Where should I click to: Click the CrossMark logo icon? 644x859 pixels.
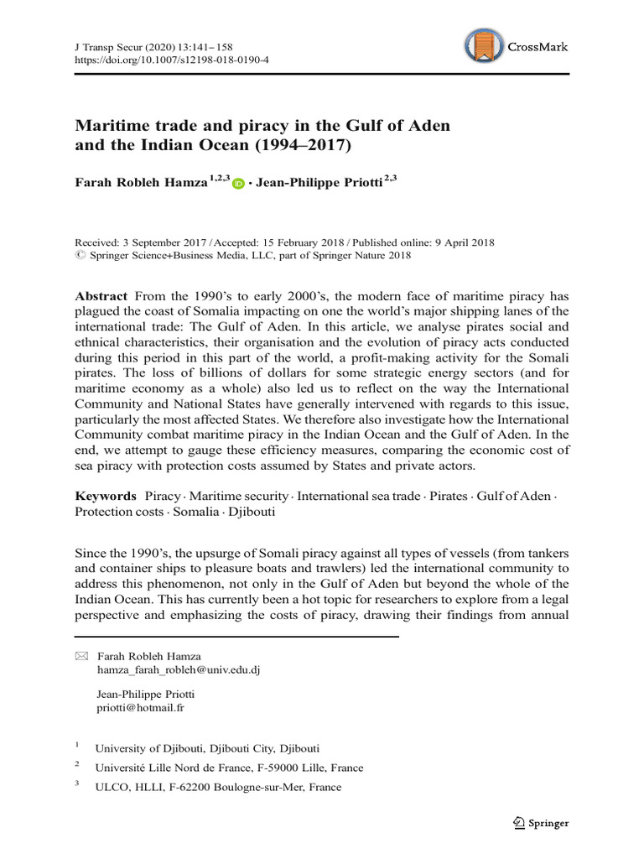(x=485, y=47)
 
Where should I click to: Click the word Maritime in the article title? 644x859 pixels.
(x=113, y=126)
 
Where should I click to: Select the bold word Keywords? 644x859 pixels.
(x=106, y=496)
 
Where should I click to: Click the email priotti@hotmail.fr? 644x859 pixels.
(x=141, y=707)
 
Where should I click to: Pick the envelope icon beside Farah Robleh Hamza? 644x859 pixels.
(x=81, y=655)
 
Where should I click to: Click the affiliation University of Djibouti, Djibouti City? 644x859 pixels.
(x=207, y=747)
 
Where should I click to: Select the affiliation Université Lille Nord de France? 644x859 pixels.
(x=230, y=768)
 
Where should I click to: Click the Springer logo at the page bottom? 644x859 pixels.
(x=540, y=823)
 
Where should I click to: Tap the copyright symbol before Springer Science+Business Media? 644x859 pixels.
(x=80, y=257)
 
